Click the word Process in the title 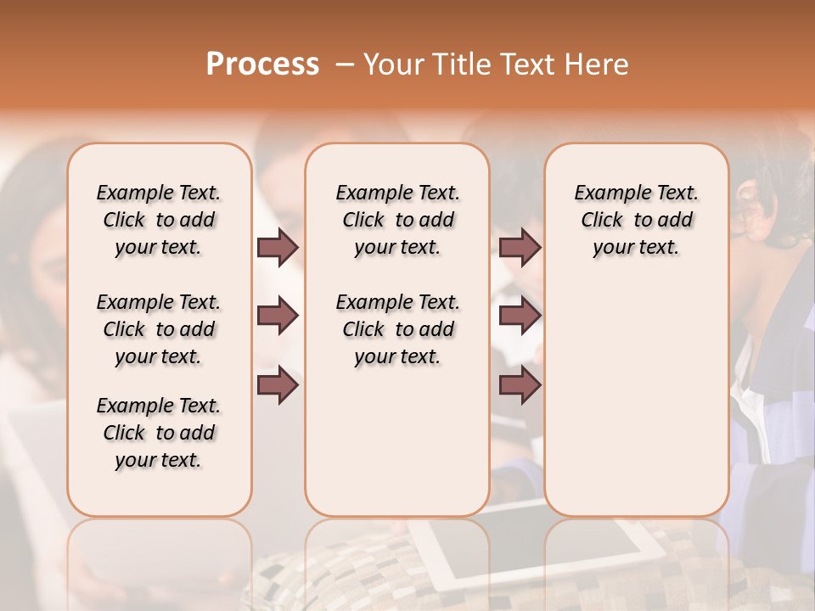click(x=262, y=64)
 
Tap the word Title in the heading click(x=463, y=64)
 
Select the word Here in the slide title click(x=597, y=64)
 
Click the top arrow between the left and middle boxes click(x=278, y=247)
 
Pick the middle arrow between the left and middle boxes click(x=278, y=317)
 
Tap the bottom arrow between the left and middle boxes click(x=278, y=386)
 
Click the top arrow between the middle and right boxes click(x=520, y=247)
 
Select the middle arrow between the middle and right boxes click(x=520, y=317)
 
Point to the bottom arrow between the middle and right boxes click(x=520, y=386)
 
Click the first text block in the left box click(x=159, y=220)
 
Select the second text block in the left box click(x=159, y=329)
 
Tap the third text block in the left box click(x=159, y=433)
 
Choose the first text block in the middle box click(x=397, y=220)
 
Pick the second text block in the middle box click(x=397, y=329)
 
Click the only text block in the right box click(x=636, y=220)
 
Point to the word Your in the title click(x=396, y=64)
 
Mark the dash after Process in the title click(x=345, y=64)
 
